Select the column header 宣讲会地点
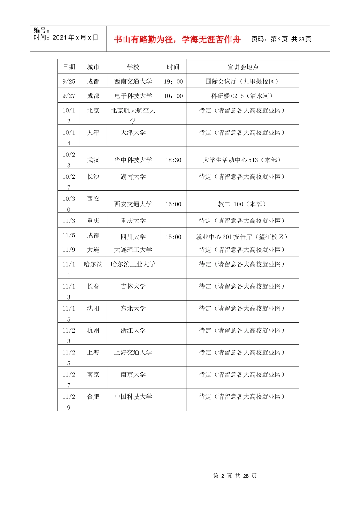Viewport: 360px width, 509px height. (243, 67)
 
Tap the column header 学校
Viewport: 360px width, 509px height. (133, 67)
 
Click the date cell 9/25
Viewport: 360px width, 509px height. (69, 81)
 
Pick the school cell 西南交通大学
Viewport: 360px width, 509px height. (133, 81)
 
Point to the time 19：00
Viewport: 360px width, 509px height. (173, 81)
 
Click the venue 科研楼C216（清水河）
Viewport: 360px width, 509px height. (243, 96)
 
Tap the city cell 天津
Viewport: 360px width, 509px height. (93, 133)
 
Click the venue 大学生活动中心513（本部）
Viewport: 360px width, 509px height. (243, 160)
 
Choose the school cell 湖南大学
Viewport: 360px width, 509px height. (133, 177)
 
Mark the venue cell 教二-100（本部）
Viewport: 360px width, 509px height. (243, 204)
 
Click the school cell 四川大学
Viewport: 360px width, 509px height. (133, 237)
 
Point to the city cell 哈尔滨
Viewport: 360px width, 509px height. (93, 264)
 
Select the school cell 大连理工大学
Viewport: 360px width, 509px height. (133, 250)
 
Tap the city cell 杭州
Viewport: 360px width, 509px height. (93, 331)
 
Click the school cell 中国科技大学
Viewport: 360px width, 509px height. (133, 397)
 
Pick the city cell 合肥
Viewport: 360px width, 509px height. (93, 397)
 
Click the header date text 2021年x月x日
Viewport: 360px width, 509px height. (75, 37)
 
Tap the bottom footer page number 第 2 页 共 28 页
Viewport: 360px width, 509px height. (235, 476)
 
